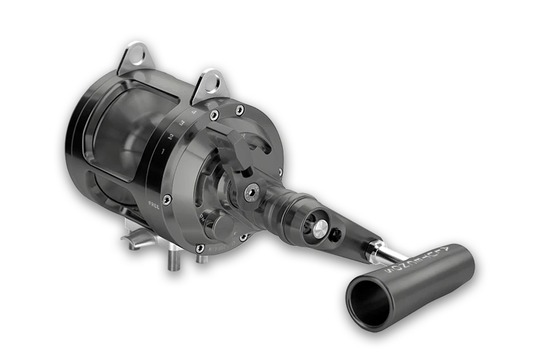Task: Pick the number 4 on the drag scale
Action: [x=194, y=111]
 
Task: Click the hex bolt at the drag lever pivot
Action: [x=252, y=192]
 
